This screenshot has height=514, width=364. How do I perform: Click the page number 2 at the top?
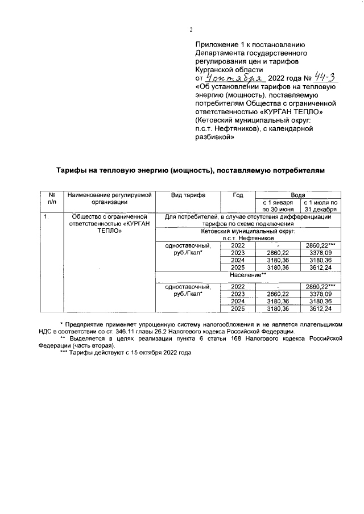[x=191, y=30]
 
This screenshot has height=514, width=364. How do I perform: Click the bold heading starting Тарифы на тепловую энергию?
[x=191, y=170]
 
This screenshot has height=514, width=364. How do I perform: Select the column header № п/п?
[x=51, y=198]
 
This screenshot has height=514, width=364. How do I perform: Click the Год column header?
[x=238, y=195]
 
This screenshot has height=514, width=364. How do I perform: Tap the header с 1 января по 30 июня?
[x=277, y=205]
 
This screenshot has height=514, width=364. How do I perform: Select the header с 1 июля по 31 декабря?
[x=321, y=205]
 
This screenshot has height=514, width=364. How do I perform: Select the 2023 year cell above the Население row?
[x=238, y=253]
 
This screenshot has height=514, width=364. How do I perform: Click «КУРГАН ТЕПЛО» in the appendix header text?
[x=296, y=112]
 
